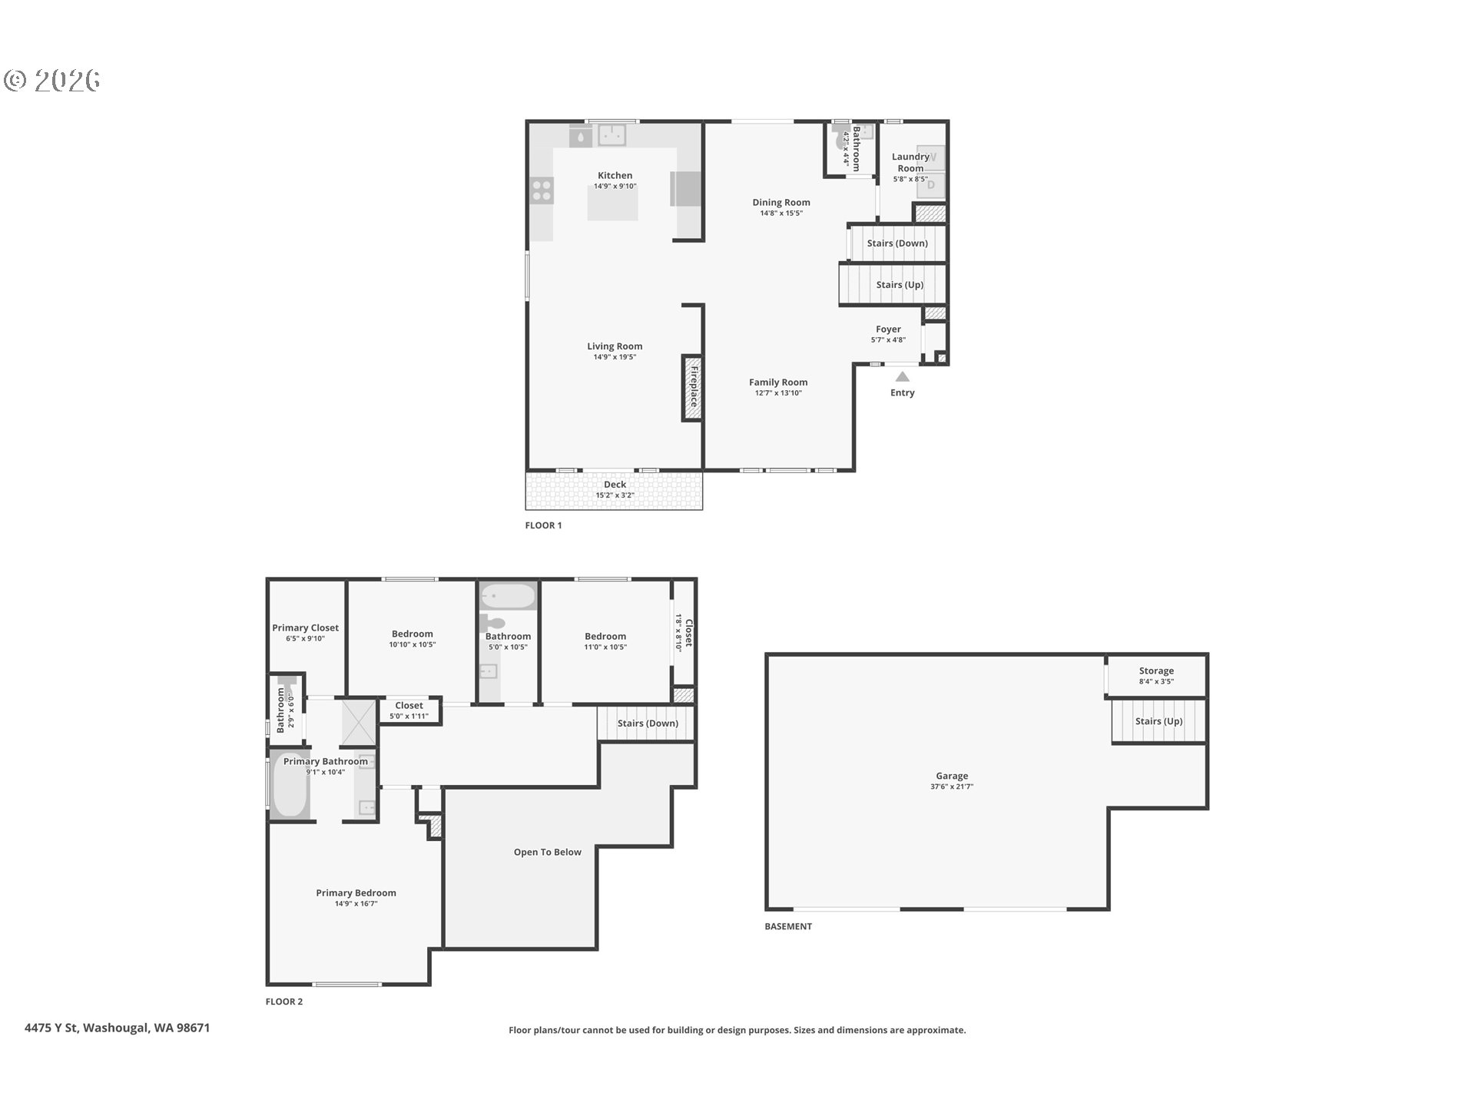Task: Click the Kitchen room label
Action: coord(615,176)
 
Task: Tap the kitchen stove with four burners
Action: coord(542,190)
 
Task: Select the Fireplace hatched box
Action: coord(692,387)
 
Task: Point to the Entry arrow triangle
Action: coord(903,376)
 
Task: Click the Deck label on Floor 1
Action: coord(615,485)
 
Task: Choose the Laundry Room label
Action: coord(910,162)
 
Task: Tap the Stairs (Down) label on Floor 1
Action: coord(897,243)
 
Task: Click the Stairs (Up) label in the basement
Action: coord(1158,721)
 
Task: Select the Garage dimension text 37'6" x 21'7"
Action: coord(952,786)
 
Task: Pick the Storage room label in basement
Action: coord(1156,671)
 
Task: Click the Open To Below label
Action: coord(548,852)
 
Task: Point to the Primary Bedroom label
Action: coord(356,892)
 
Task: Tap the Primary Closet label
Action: coord(305,628)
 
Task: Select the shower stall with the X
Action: coord(359,721)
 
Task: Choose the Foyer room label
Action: coord(888,329)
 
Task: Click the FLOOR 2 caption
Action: coord(284,1002)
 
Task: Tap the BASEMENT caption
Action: coord(788,926)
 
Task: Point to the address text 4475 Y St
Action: coord(51,1028)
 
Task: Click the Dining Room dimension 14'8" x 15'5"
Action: coord(781,214)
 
